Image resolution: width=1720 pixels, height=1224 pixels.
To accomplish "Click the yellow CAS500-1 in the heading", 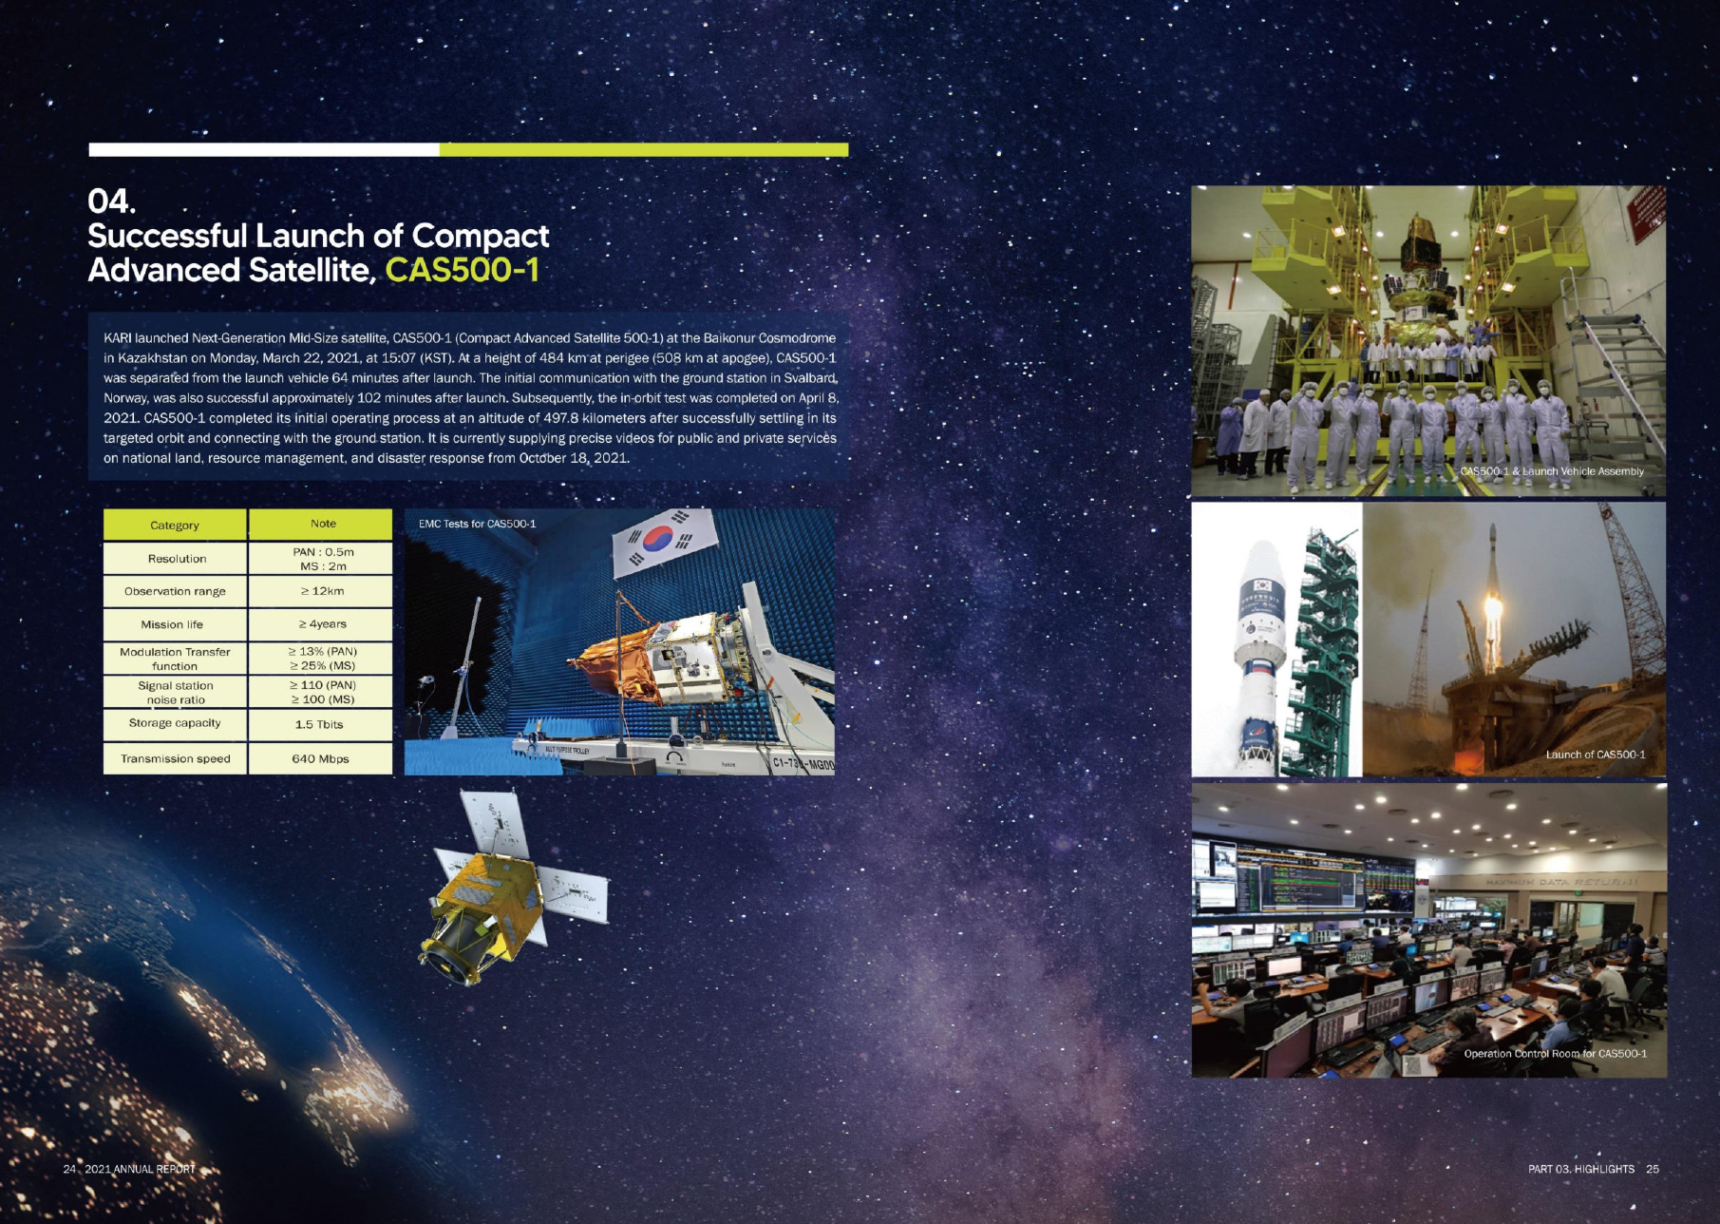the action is tap(463, 270).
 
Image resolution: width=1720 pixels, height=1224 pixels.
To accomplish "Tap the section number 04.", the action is tap(111, 201).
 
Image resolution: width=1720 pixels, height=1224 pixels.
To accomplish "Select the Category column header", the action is tap(175, 525).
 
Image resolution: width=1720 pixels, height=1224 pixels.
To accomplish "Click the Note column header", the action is tap(323, 524).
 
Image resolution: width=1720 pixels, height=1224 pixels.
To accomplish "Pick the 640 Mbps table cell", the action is tap(320, 758).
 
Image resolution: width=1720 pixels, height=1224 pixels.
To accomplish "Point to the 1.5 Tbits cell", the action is tap(320, 724).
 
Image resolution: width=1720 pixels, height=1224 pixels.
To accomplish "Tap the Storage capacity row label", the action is tap(175, 723).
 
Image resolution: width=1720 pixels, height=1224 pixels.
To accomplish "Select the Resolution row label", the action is tap(177, 559).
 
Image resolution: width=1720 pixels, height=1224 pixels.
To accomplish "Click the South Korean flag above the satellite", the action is tap(665, 541).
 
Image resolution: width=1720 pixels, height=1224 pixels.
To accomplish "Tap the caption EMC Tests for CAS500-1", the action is tap(477, 524).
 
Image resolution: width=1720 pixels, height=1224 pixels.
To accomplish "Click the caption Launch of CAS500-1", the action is tap(1596, 755).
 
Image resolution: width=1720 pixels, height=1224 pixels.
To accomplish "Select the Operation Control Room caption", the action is tap(1556, 1053).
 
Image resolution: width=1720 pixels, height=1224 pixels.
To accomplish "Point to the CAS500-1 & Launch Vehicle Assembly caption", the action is tap(1552, 471).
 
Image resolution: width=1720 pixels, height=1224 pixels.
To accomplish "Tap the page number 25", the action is tap(1653, 1169).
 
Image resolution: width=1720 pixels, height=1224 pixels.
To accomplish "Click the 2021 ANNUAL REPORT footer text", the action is tap(140, 1169).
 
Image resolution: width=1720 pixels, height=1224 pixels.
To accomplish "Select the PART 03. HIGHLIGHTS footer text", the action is tap(1581, 1169).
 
